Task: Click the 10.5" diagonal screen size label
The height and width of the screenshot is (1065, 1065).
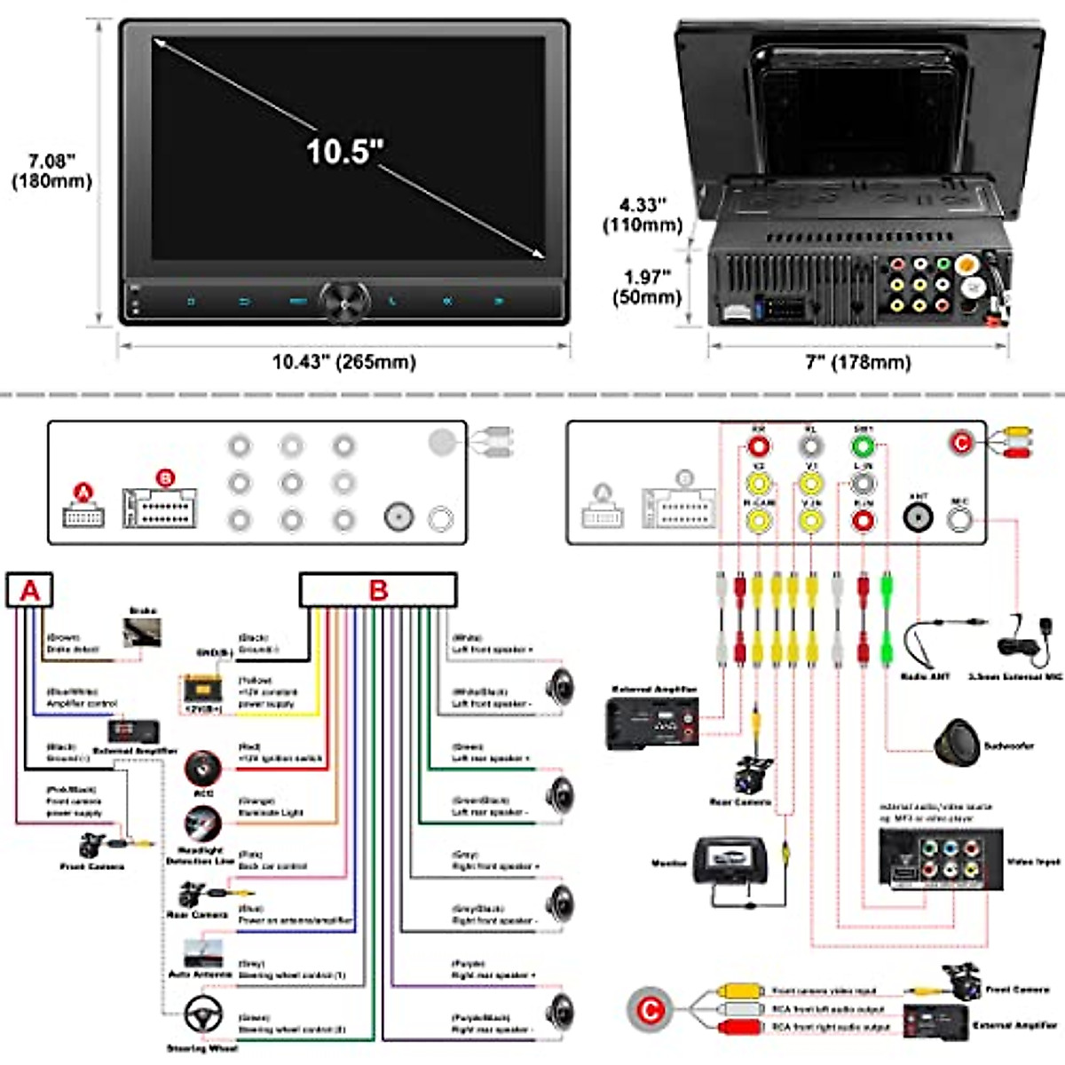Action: pos(344,151)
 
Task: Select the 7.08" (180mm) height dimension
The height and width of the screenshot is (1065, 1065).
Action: pos(51,171)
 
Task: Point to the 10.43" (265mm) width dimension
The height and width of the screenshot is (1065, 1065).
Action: pos(343,362)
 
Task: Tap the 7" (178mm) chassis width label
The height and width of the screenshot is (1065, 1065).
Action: pos(858,362)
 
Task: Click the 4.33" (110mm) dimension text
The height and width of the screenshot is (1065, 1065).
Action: pos(642,215)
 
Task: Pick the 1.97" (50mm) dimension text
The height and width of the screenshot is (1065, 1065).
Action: pos(646,287)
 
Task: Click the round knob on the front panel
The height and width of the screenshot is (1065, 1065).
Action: pos(344,302)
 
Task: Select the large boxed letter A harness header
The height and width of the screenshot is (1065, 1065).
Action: pos(30,590)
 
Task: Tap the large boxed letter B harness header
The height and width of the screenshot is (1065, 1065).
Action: pos(378,590)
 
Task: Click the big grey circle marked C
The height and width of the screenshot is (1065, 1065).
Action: pos(650,1011)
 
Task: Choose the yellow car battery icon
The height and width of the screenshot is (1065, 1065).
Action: pos(201,690)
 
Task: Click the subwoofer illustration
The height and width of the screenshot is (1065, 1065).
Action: pos(958,743)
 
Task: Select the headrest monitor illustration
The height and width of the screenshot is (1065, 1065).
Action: pos(730,864)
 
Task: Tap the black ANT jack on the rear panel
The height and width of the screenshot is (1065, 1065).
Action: pos(918,517)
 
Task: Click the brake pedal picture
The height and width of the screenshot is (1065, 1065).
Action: pos(142,633)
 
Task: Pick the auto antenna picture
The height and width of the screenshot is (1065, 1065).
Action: pos(201,951)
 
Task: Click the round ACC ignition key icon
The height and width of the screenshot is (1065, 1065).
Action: pos(203,768)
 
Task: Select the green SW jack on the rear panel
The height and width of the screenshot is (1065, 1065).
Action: pos(863,446)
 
